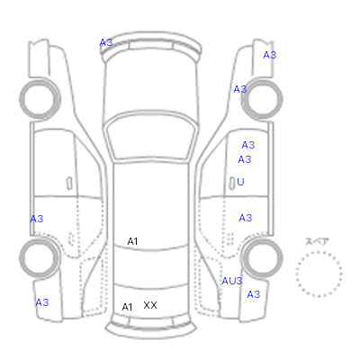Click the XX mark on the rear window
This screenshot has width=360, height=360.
[x=150, y=305]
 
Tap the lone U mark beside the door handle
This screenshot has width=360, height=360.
[x=240, y=182]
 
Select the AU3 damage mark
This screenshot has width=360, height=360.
[x=231, y=281]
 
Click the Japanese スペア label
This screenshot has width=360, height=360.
[x=317, y=241]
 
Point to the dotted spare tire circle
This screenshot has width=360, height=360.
[x=319, y=252]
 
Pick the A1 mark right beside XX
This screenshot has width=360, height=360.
[x=127, y=307]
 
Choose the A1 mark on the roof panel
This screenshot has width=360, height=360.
[x=132, y=241]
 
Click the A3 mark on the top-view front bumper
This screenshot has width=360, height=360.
[x=106, y=43]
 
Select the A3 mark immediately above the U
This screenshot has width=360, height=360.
[x=244, y=159]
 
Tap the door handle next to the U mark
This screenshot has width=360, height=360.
[x=231, y=183]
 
